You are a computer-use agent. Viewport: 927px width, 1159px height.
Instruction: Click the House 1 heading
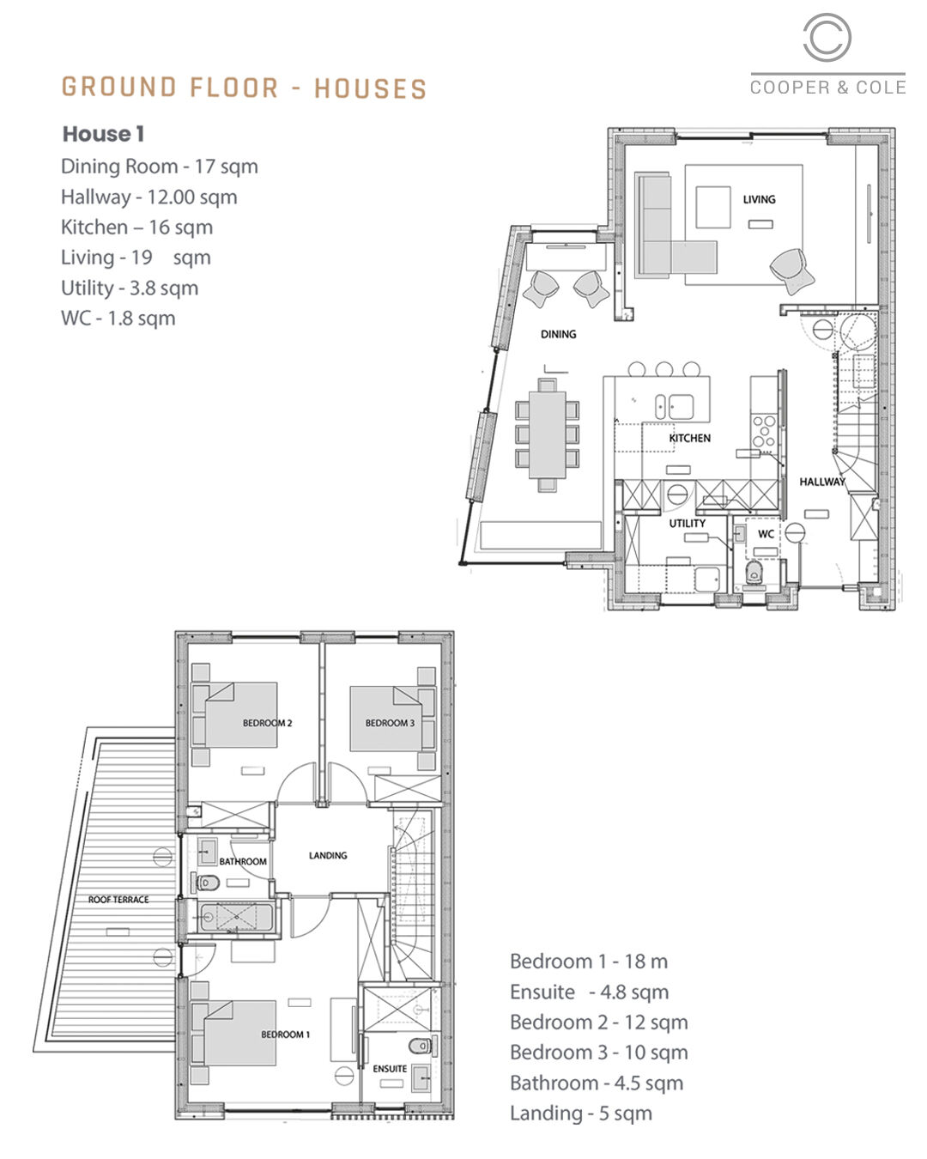point(103,134)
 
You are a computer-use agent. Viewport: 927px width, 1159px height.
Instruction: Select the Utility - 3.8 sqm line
point(130,288)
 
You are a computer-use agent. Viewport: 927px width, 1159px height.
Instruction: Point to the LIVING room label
point(759,199)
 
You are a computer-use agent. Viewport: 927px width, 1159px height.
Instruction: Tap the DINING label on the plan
point(558,334)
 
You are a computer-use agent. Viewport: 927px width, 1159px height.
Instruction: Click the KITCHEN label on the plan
point(689,438)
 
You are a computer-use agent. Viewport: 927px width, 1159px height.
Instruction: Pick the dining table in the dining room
point(547,434)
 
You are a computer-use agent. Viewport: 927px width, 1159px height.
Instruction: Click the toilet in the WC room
point(754,573)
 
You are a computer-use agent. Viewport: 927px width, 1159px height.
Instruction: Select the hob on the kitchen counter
point(764,431)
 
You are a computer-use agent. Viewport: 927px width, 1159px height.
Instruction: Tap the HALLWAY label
point(821,482)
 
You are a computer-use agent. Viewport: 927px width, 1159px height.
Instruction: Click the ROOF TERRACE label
point(118,899)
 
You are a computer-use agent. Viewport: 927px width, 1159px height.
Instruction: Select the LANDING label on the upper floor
point(328,855)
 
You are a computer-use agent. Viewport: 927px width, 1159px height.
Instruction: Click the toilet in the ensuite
point(421,1046)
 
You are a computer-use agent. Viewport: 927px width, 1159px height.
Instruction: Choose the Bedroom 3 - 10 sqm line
point(598,1052)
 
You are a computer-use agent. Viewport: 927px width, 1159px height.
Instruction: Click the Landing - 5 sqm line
point(580,1113)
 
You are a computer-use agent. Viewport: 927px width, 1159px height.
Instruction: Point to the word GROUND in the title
point(119,87)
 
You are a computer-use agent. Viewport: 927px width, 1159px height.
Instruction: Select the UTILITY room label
point(687,523)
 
